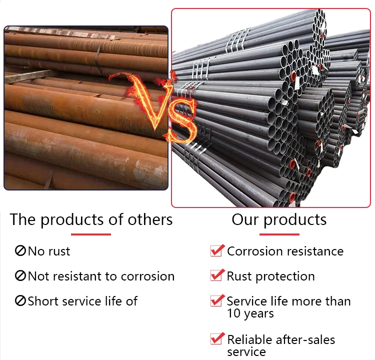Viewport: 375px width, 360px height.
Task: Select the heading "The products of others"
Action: [x=91, y=219]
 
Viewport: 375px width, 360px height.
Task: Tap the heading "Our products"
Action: [x=279, y=219]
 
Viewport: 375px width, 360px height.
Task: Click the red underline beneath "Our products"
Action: [x=279, y=234]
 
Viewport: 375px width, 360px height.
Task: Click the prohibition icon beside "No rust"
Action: [x=20, y=251]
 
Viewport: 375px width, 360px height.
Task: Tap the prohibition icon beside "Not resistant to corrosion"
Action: [x=20, y=276]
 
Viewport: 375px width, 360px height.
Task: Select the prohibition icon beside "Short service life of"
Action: [x=20, y=301]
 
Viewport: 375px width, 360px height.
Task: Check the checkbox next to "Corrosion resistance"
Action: [x=216, y=250]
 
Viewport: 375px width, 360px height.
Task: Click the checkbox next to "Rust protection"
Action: [x=216, y=275]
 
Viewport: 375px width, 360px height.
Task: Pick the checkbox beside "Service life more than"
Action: [x=216, y=300]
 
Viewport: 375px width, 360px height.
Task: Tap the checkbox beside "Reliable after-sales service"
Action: [x=216, y=338]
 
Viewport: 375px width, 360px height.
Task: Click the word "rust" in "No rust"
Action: [x=59, y=251]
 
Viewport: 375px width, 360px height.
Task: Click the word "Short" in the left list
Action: [x=42, y=301]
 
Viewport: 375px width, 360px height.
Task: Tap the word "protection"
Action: [x=290, y=276]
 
